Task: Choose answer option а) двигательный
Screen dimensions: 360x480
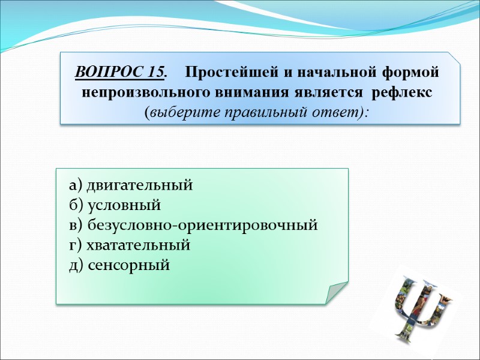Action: (131, 185)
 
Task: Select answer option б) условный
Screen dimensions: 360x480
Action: (115, 205)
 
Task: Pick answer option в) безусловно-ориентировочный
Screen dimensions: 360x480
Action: (193, 226)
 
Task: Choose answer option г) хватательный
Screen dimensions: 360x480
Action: (130, 245)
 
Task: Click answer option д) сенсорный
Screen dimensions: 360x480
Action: (119, 265)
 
